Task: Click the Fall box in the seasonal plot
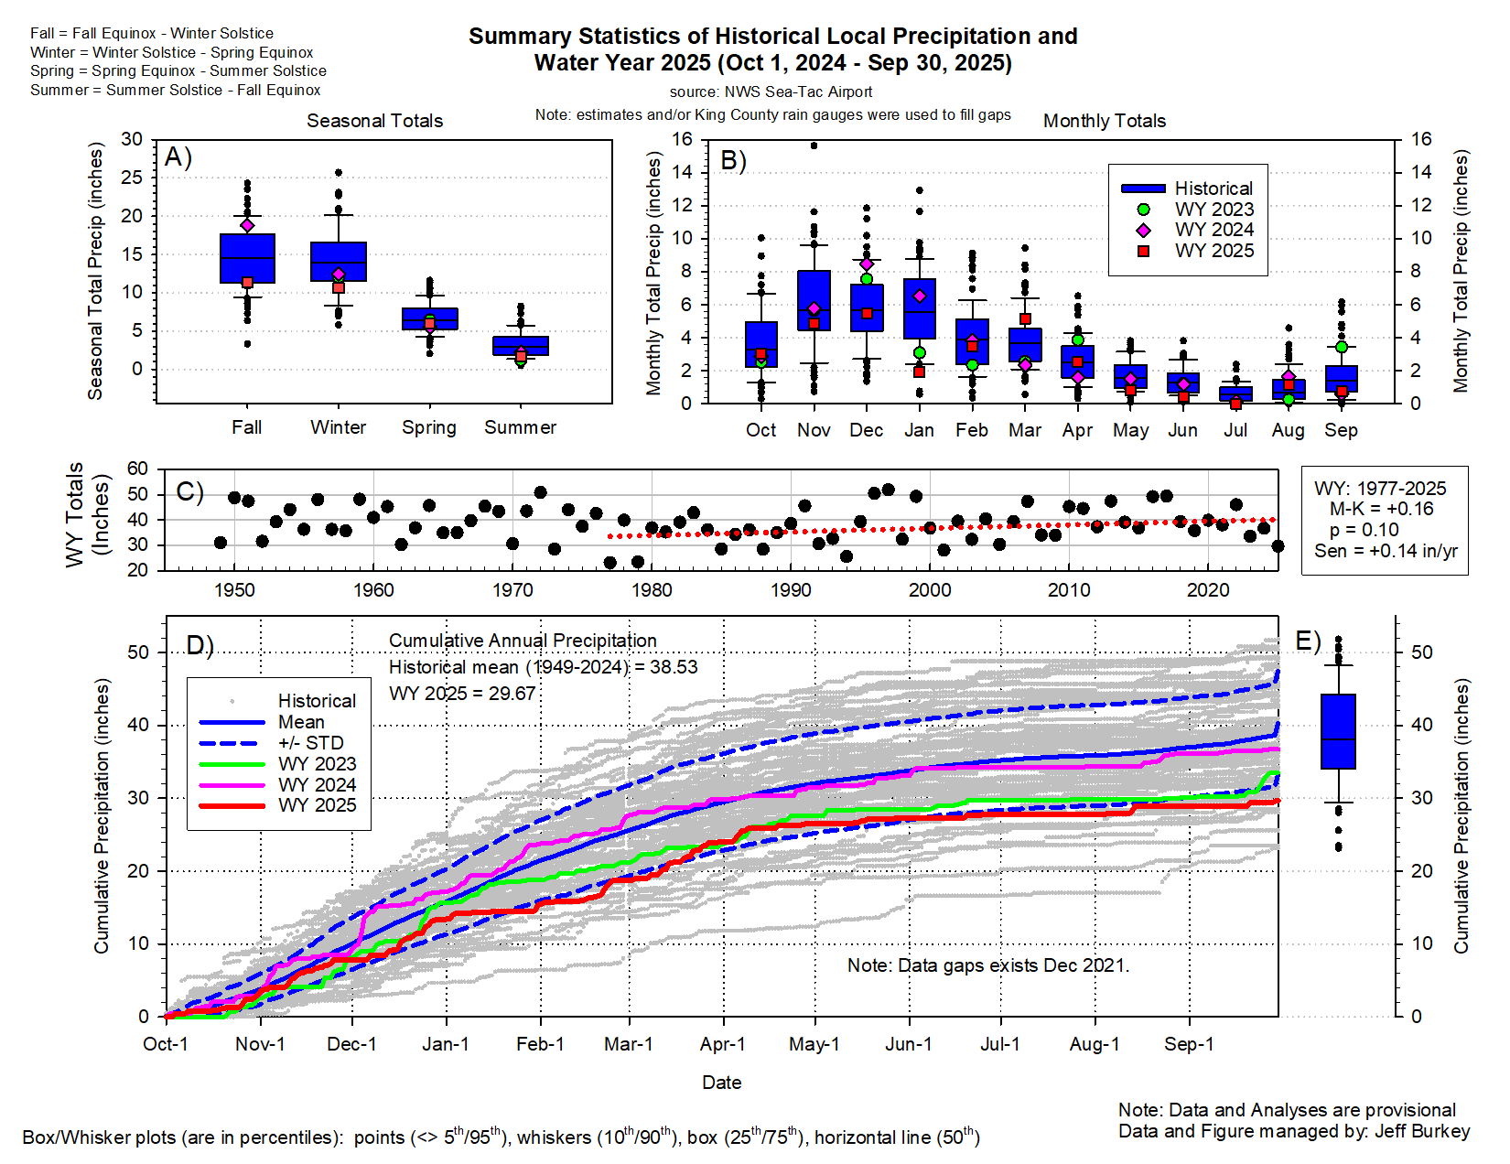tap(247, 259)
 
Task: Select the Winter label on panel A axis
tap(338, 427)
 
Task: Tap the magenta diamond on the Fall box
tap(247, 225)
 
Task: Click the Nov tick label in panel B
tap(814, 430)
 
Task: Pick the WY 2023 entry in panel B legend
tap(1213, 210)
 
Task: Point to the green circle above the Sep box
tap(1342, 347)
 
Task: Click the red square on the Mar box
tap(1026, 319)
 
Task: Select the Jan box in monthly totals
tap(920, 309)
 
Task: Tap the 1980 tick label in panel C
tap(652, 590)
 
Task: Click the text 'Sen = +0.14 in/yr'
tap(1386, 551)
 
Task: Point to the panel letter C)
tap(189, 492)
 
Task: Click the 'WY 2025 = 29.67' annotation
tap(462, 694)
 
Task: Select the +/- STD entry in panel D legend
tap(310, 743)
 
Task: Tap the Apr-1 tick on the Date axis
tap(723, 1044)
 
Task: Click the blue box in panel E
tap(1338, 731)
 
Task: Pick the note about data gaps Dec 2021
tap(988, 965)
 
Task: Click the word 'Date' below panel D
tap(721, 1083)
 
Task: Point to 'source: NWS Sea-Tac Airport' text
tap(771, 92)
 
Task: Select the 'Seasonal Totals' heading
tap(374, 121)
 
